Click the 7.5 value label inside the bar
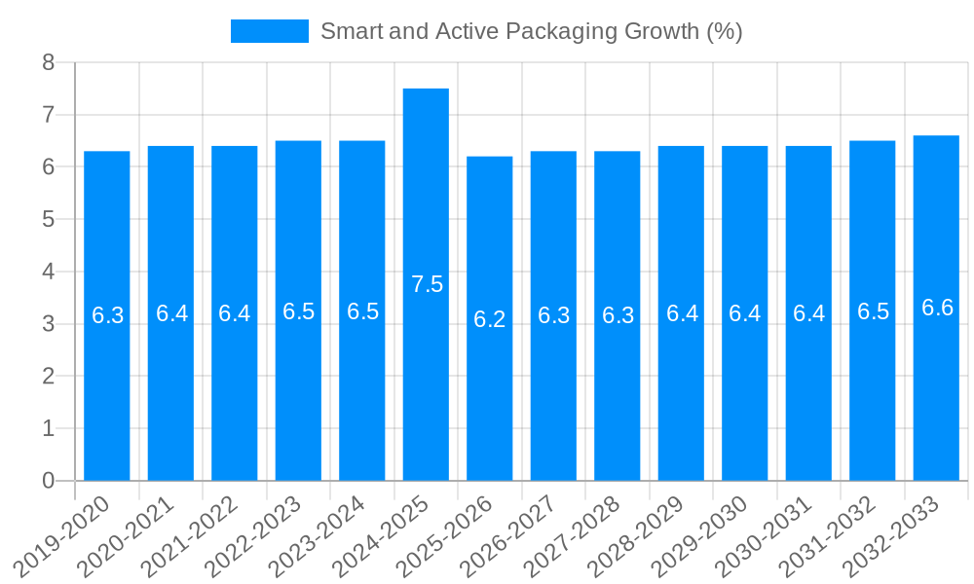pyautogui.click(x=427, y=284)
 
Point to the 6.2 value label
pyautogui.click(x=490, y=319)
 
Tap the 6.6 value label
pyautogui.click(x=937, y=308)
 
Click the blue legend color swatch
pyautogui.click(x=269, y=31)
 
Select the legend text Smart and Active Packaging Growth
pyautogui.click(x=531, y=31)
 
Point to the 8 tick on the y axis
pyautogui.click(x=48, y=63)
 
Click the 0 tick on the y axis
pyautogui.click(x=48, y=481)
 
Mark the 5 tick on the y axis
pyautogui.click(x=48, y=220)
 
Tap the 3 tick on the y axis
pyautogui.click(x=48, y=324)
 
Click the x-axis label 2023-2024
pyautogui.click(x=318, y=536)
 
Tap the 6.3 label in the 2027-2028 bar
pyautogui.click(x=618, y=315)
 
